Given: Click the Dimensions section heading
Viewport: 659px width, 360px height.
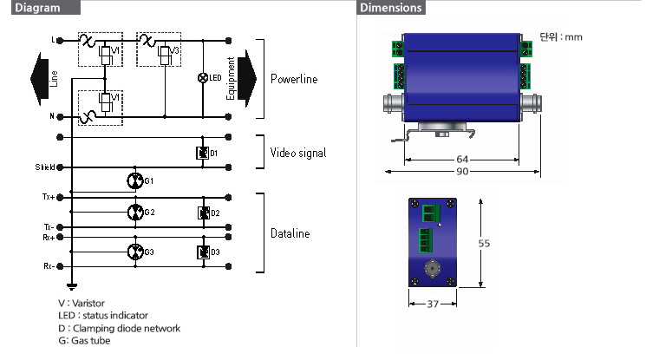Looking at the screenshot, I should [390, 8].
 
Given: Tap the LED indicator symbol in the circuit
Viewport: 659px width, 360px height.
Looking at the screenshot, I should [203, 78].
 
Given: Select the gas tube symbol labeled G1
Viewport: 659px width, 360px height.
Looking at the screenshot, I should [134, 180].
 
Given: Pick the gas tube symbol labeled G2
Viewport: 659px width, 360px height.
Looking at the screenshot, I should [134, 212].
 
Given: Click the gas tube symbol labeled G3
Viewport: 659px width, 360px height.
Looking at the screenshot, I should [134, 252].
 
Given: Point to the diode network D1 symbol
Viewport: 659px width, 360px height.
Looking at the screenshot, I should [203, 154].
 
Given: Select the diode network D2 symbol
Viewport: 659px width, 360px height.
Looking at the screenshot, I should [203, 213].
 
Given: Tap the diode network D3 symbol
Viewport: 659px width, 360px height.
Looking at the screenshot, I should [203, 252].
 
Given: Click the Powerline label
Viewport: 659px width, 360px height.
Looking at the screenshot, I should [294, 79].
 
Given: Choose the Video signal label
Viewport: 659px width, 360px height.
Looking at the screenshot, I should [298, 153].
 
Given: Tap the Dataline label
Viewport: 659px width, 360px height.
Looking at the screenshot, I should [290, 232].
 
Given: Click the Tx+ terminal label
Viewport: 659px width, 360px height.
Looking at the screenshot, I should [49, 197].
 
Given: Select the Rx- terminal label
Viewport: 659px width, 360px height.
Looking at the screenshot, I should [49, 266].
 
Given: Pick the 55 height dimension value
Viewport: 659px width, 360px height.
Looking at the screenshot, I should [485, 244].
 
